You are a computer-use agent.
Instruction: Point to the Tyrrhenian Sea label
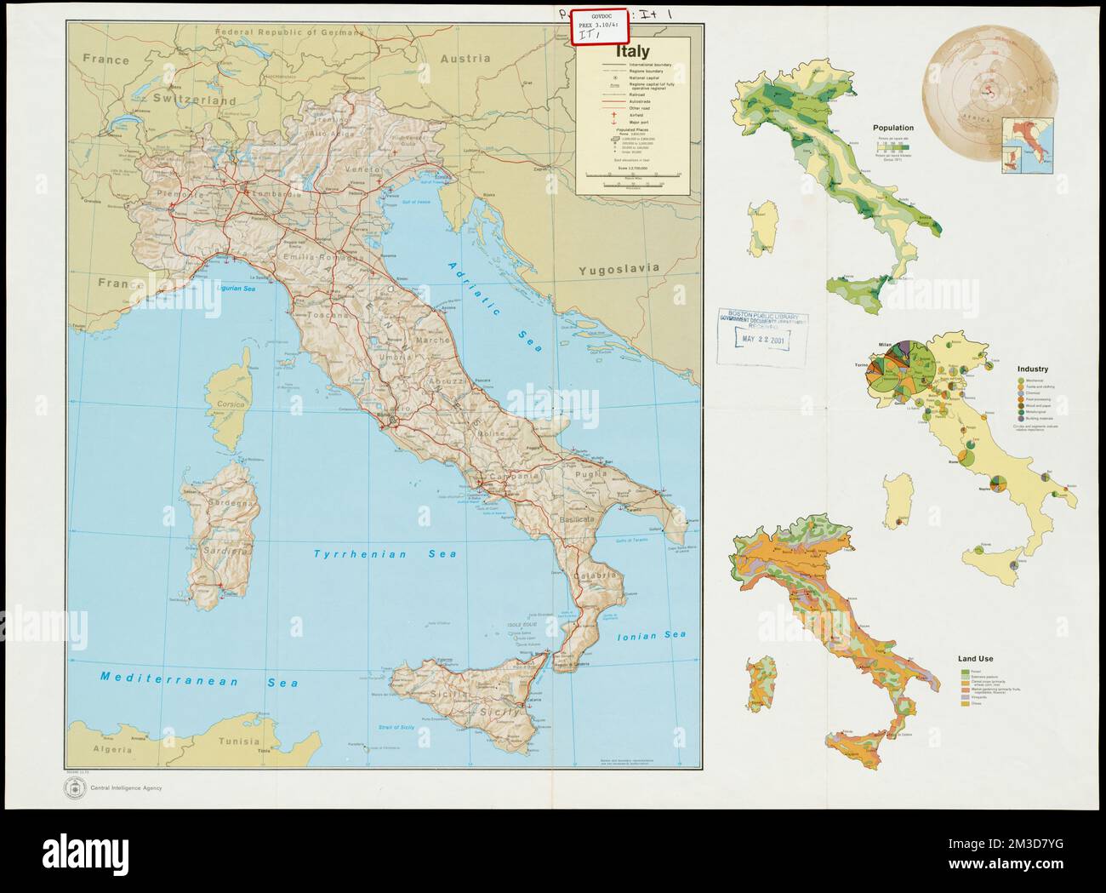pos(385,554)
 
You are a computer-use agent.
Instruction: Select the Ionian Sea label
pos(652,635)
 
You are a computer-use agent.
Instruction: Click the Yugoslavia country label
pos(619,268)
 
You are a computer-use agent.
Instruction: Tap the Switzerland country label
pos(193,100)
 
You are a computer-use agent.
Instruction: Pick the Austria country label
pos(465,59)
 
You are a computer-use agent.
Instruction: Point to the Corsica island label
pos(230,404)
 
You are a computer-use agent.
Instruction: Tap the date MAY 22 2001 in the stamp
pos(761,339)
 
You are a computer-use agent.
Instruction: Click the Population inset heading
pos(892,128)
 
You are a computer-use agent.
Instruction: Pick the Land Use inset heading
pos(975,659)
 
